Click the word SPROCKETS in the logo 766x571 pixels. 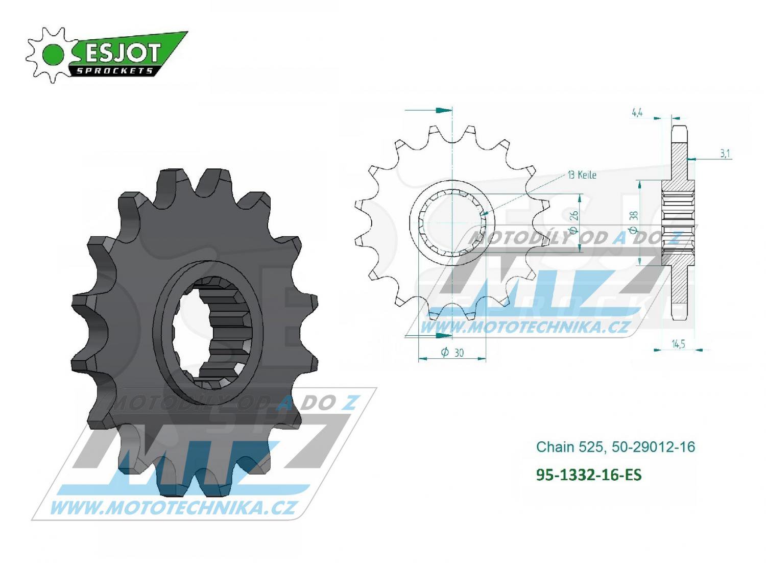[114, 71]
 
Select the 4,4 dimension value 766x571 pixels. [637, 113]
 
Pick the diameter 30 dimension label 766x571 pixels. [452, 353]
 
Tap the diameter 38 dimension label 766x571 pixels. [634, 222]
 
